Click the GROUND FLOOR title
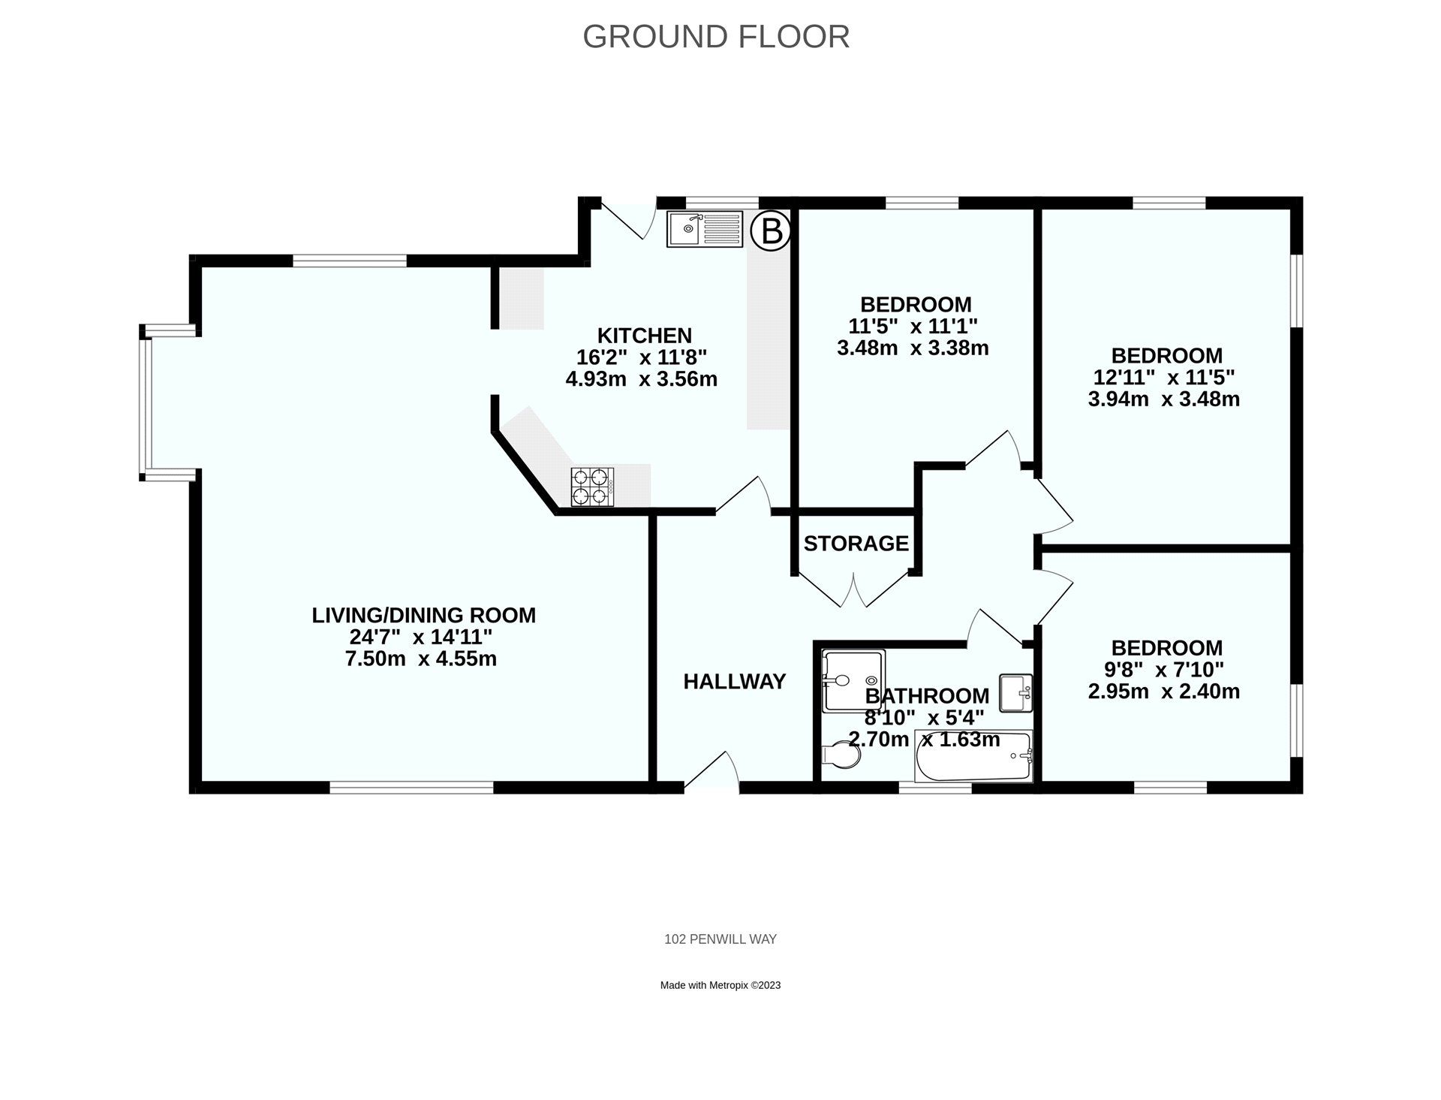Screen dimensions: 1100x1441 [716, 37]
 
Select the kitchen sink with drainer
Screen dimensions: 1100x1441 [705, 229]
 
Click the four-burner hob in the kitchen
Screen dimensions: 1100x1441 [593, 487]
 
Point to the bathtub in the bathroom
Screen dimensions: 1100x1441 [973, 757]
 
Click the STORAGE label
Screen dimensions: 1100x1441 [856, 543]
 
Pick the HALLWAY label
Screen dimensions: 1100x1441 [734, 682]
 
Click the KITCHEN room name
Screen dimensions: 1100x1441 [644, 335]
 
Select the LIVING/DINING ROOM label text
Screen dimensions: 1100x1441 [423, 615]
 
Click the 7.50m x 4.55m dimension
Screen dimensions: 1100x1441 [420, 659]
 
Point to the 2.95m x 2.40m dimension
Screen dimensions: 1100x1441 [1163, 692]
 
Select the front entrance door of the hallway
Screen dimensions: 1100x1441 [711, 772]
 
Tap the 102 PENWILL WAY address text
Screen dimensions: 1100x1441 [720, 939]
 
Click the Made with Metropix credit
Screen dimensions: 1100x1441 [720, 985]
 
